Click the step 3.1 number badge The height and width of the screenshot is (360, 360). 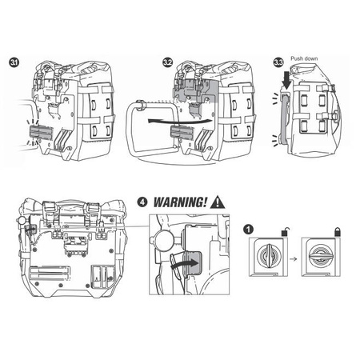pos(14,62)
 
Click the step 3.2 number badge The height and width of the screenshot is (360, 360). pos(167,62)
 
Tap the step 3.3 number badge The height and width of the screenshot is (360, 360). pos(278,62)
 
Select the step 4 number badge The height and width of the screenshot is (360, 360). pos(142,202)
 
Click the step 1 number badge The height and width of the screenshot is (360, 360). pos(248,229)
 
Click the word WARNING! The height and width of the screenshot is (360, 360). pos(180,202)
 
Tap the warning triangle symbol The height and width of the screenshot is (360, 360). pos(218,202)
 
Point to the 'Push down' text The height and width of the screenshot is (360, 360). pos(304,58)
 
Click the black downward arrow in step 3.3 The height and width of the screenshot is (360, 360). pos(287,81)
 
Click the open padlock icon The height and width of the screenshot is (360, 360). pos(286,231)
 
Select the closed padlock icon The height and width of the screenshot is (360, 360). pos(338,231)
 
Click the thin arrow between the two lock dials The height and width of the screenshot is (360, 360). pos(294,258)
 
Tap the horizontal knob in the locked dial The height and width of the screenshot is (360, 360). pos(320,256)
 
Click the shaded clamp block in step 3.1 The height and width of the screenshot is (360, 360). pos(41,133)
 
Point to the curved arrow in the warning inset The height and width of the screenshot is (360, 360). pos(185,263)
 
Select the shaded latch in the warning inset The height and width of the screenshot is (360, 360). pos(193,263)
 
